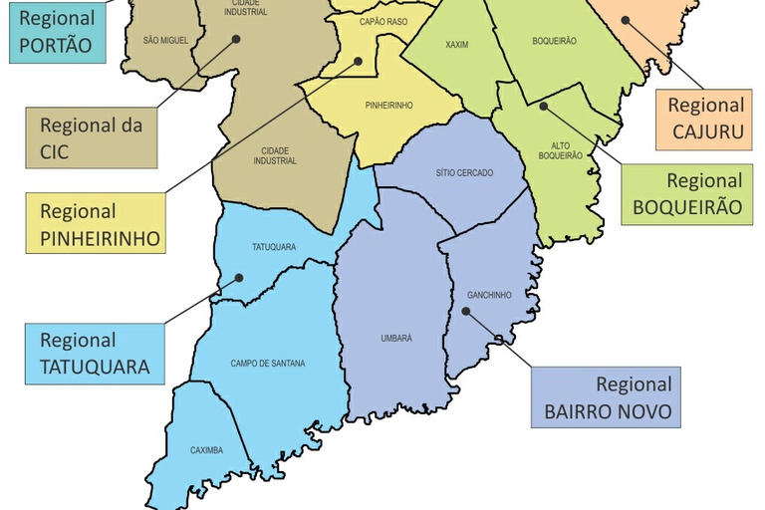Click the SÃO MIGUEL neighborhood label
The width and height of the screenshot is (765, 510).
click(165, 41)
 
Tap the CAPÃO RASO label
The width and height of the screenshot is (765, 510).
click(382, 21)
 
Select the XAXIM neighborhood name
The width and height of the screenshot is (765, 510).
click(457, 45)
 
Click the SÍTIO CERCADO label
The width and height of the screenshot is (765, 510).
click(463, 172)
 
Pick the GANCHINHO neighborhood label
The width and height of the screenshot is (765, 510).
click(489, 295)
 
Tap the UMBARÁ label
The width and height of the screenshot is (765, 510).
click(395, 339)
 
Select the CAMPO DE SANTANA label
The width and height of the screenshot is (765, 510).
click(268, 364)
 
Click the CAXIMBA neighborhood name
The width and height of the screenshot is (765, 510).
click(206, 450)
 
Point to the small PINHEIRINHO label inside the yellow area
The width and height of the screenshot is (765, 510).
click(388, 105)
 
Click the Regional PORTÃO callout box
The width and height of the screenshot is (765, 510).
click(56, 31)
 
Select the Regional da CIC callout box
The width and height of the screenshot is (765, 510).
click(91, 138)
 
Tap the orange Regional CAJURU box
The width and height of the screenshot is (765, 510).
click(705, 119)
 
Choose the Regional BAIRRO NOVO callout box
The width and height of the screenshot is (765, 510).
click(606, 397)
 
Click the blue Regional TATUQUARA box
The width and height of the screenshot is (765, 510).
click(95, 354)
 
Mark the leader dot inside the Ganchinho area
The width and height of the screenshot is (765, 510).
click(465, 312)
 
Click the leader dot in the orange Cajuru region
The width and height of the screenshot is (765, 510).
click(625, 18)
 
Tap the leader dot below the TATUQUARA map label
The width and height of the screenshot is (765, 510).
click(238, 278)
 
